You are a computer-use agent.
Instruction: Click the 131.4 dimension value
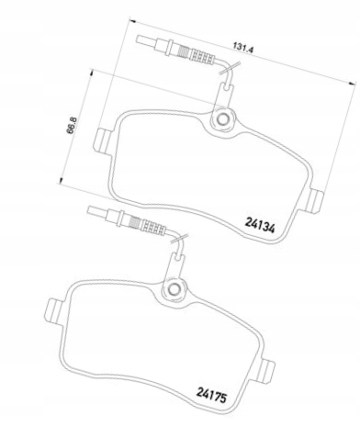pos(243,49)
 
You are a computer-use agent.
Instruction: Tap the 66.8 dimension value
pos(72,125)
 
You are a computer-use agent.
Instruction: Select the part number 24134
pos(260,225)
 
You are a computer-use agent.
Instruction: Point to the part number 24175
pos(211,396)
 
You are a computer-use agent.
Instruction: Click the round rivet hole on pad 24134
pos(222,118)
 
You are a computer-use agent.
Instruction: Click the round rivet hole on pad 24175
pos(174,288)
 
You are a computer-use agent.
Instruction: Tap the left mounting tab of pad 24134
pos(103,140)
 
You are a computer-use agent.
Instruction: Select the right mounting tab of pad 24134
pos(313,201)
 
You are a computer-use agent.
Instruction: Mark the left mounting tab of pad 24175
pos(54,310)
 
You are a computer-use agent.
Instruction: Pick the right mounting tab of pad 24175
pos(264,371)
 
